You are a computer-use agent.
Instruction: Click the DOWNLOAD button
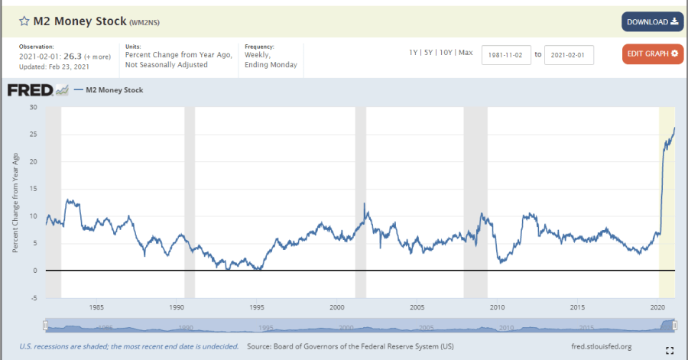[652, 21]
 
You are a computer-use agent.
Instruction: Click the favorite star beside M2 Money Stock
[24, 21]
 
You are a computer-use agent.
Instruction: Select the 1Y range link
[414, 52]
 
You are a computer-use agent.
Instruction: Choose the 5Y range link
[429, 52]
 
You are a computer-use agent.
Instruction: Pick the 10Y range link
[446, 52]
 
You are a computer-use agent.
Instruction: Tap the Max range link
[466, 52]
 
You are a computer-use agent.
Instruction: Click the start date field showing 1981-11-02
[506, 55]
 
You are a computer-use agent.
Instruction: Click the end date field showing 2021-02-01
[569, 55]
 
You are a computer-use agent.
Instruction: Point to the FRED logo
[31, 90]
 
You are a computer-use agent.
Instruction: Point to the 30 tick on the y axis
[33, 107]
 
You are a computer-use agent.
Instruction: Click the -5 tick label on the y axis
[33, 298]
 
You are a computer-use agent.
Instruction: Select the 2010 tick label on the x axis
[498, 307]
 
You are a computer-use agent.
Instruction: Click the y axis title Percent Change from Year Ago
[15, 203]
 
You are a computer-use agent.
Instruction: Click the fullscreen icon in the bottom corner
[670, 351]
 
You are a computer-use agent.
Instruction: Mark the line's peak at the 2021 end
[674, 128]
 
